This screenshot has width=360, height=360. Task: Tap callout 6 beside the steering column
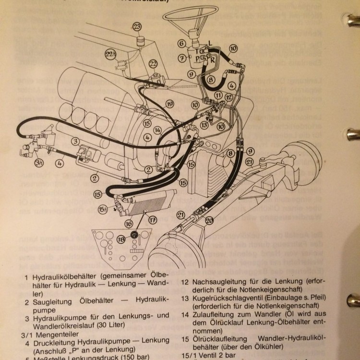[181, 44]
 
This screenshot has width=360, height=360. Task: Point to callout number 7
[181, 59]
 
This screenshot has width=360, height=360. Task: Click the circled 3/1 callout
[40, 163]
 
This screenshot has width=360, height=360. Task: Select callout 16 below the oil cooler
[129, 224]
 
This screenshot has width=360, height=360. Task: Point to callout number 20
[209, 220]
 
